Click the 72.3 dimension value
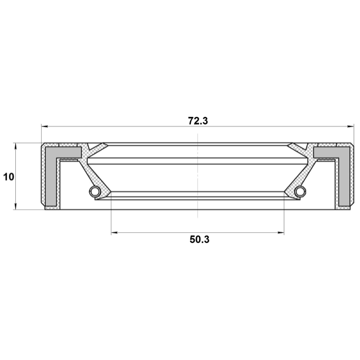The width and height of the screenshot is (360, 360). click(198, 121)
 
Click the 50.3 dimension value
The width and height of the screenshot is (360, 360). click(200, 240)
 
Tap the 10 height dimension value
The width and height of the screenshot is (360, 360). click(9, 177)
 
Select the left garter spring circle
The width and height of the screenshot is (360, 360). click(95, 191)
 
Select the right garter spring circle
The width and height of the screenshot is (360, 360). click(300, 191)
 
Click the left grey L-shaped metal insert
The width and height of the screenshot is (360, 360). click(51, 177)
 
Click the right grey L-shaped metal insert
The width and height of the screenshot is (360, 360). click(344, 177)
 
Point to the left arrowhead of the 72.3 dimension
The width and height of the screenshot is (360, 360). click(44, 126)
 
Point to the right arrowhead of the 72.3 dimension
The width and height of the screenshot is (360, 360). click(350, 126)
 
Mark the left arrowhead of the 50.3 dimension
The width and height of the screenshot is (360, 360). click(114, 232)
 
